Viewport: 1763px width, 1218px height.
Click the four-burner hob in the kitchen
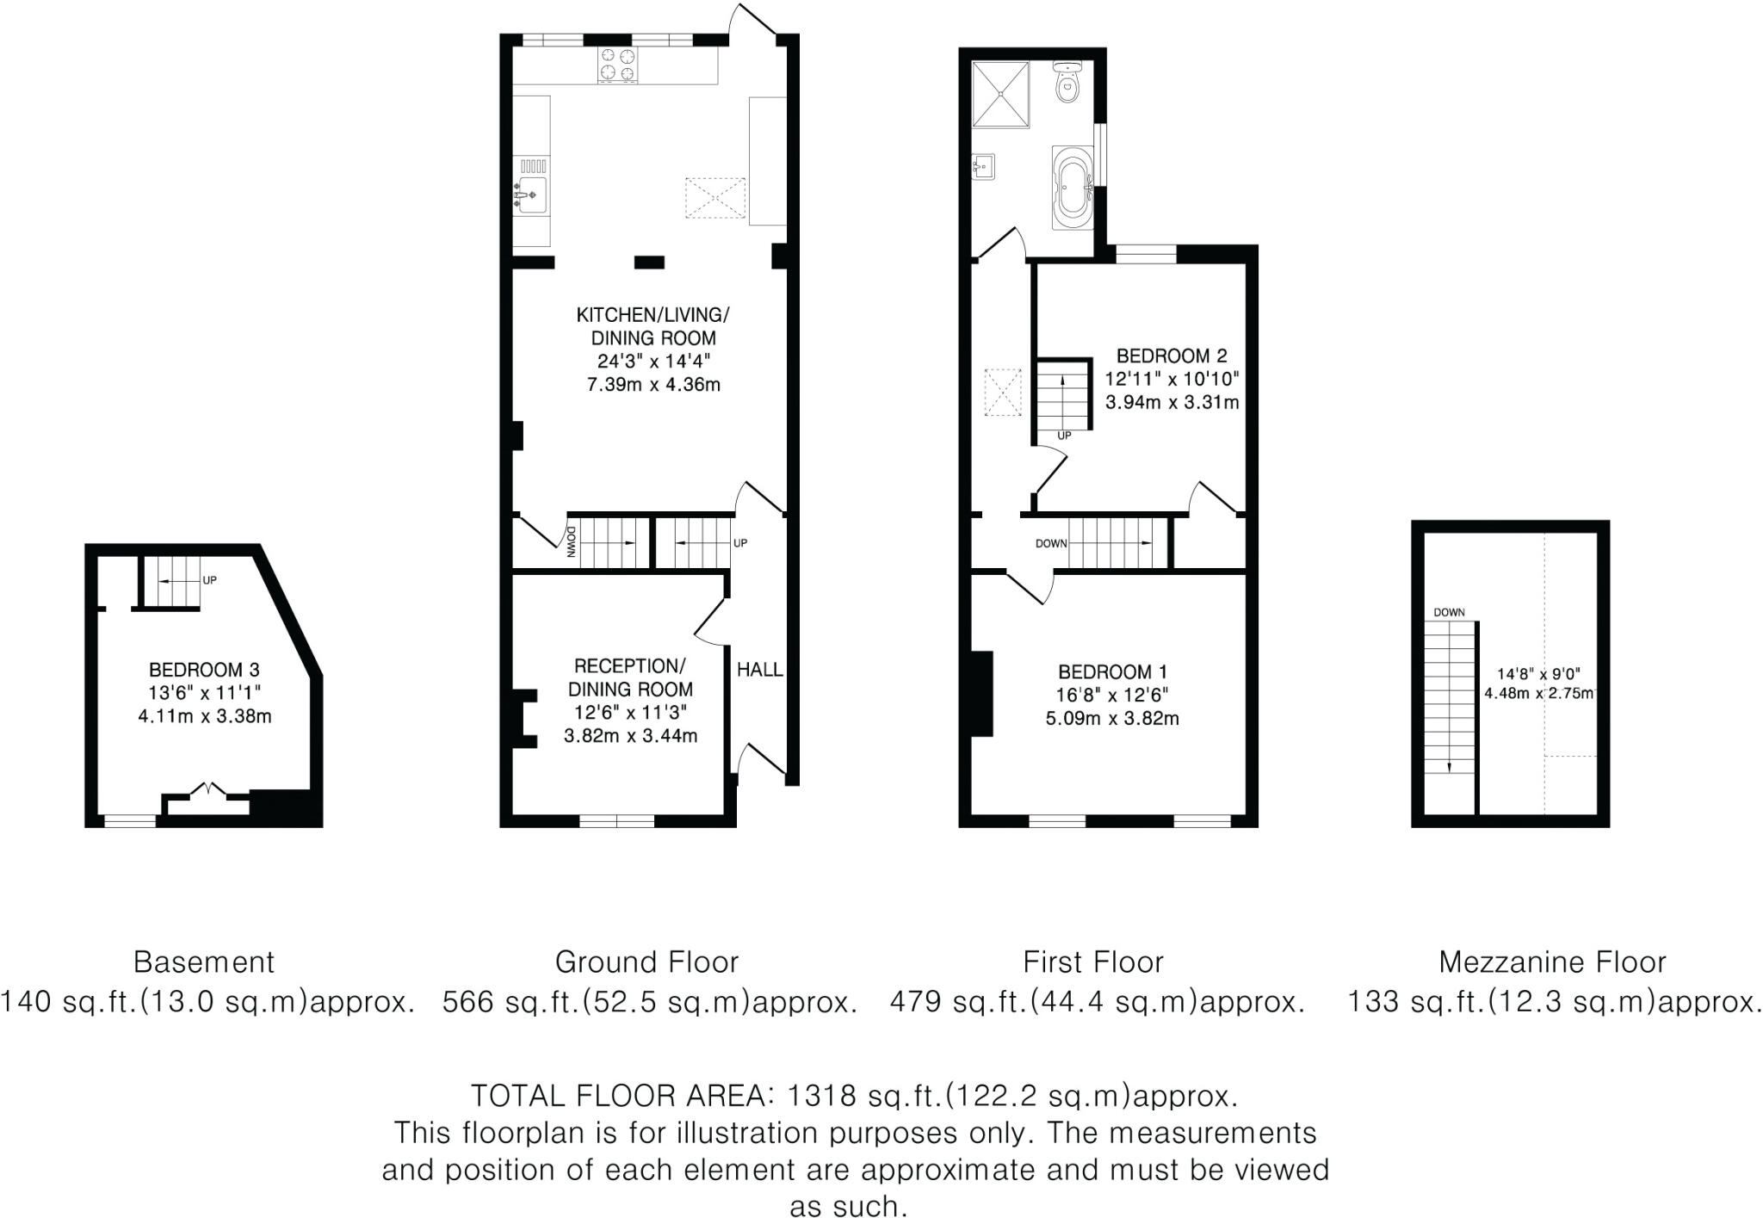(618, 65)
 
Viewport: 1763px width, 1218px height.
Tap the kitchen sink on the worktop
(532, 195)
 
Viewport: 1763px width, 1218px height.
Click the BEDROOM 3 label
(204, 670)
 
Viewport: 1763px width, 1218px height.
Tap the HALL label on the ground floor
(759, 670)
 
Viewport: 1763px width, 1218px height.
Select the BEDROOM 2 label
(1171, 356)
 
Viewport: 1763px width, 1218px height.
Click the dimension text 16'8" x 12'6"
(1112, 696)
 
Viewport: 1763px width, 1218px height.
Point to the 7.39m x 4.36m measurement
(653, 385)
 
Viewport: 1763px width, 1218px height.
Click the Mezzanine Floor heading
(1552, 961)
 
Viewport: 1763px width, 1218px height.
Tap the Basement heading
(204, 961)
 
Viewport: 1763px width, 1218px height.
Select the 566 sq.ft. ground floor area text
(650, 1002)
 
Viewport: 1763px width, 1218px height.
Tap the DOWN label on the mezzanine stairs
(1449, 613)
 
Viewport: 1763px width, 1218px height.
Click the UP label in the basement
(209, 580)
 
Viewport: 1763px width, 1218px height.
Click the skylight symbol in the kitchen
(714, 199)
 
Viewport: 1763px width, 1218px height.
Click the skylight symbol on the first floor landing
(1002, 393)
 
